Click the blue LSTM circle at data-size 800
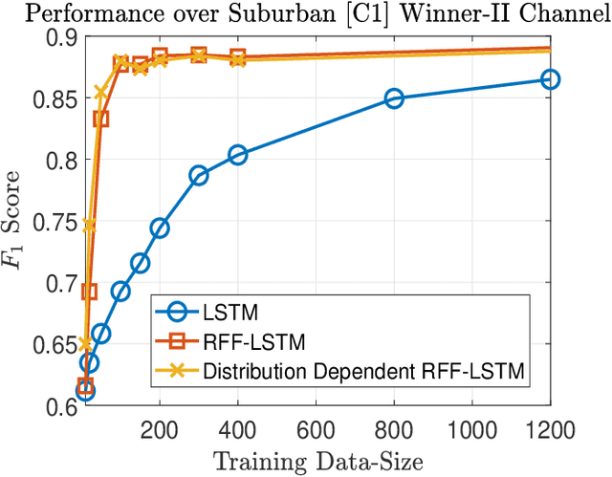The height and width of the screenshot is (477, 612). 394,98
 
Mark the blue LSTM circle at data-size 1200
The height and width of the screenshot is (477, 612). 550,79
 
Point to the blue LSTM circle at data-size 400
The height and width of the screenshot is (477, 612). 237,155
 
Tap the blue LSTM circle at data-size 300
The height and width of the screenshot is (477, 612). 199,175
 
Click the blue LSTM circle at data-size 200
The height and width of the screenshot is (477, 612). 160,228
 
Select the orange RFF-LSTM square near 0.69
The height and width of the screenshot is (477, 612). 89,292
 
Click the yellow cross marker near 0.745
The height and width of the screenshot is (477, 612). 89,227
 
